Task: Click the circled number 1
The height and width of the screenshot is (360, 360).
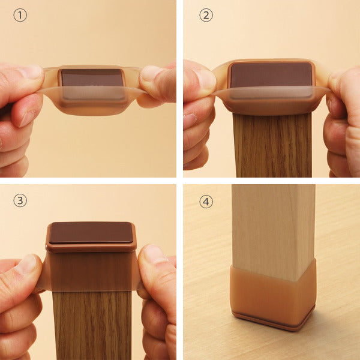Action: click(20, 16)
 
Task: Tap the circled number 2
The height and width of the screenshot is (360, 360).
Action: click(206, 16)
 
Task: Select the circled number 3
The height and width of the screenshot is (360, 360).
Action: click(20, 200)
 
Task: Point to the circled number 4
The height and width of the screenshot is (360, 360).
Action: click(206, 202)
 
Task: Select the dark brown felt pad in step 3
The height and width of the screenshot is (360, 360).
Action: click(91, 232)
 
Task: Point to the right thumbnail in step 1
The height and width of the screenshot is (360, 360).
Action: click(149, 73)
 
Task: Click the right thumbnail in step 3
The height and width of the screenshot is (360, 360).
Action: click(153, 253)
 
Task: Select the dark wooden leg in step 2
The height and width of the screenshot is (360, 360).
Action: click(272, 145)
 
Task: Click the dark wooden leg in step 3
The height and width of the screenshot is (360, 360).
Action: click(92, 325)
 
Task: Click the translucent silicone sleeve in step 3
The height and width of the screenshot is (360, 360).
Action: click(91, 271)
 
